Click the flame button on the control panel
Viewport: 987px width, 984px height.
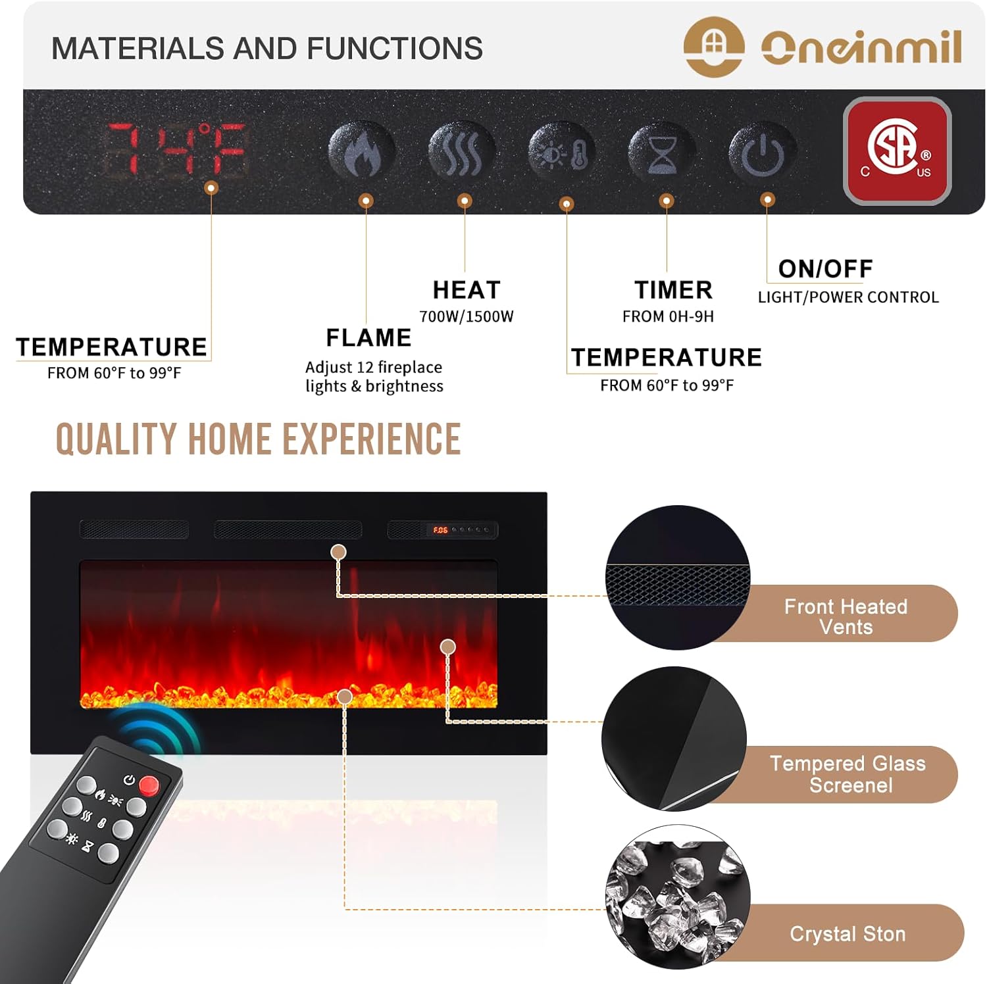pyautogui.click(x=362, y=152)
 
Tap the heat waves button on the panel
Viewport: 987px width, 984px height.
pyautogui.click(x=462, y=152)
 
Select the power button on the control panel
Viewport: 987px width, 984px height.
pyautogui.click(x=762, y=153)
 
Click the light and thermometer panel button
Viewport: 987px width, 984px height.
pyautogui.click(x=562, y=152)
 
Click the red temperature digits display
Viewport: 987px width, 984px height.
pyautogui.click(x=176, y=149)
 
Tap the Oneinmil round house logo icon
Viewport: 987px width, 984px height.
pyautogui.click(x=714, y=47)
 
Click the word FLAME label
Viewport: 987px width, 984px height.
pyautogui.click(x=368, y=338)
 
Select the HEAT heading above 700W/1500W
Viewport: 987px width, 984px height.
pyautogui.click(x=467, y=290)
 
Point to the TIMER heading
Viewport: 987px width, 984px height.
pyautogui.click(x=673, y=290)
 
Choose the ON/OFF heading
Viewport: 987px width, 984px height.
pyautogui.click(x=825, y=269)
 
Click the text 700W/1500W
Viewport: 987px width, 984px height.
pyautogui.click(x=467, y=317)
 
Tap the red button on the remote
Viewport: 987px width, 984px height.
pyautogui.click(x=149, y=785)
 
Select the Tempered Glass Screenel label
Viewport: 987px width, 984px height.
pyautogui.click(x=848, y=774)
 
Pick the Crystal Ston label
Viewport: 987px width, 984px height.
pyautogui.click(x=848, y=934)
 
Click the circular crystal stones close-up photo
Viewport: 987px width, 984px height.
pyautogui.click(x=677, y=897)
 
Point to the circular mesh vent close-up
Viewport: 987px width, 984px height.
pyautogui.click(x=677, y=578)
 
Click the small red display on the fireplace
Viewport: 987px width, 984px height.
pyautogui.click(x=440, y=530)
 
